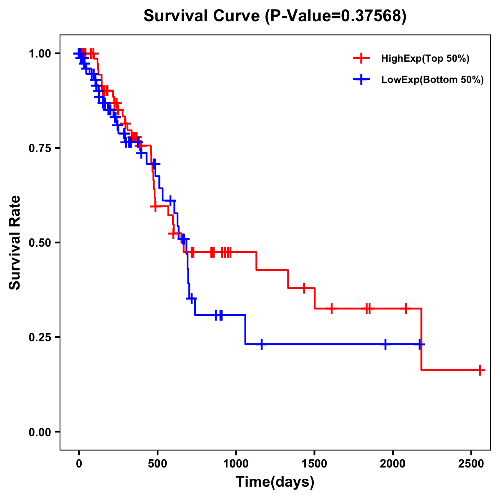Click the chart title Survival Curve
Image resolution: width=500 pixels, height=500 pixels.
[275, 16]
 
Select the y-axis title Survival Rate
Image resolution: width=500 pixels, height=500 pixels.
[15, 242]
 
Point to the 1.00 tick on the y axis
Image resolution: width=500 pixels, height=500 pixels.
[40, 53]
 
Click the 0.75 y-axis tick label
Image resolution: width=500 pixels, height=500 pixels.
[40, 148]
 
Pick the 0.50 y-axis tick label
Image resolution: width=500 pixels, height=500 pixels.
[40, 242]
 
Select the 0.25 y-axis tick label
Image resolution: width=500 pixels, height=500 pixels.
[40, 337]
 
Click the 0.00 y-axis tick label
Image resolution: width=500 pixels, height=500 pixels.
[40, 432]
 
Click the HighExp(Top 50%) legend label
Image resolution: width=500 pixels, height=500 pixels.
[425, 59]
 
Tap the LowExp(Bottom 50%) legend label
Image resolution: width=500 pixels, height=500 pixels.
[432, 80]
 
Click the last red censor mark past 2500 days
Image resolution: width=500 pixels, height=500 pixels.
[480, 370]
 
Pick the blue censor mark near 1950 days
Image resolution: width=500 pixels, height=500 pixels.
[385, 344]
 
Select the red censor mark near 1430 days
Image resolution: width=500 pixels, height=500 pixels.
[304, 288]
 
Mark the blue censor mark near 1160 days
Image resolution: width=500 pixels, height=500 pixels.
[261, 344]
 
